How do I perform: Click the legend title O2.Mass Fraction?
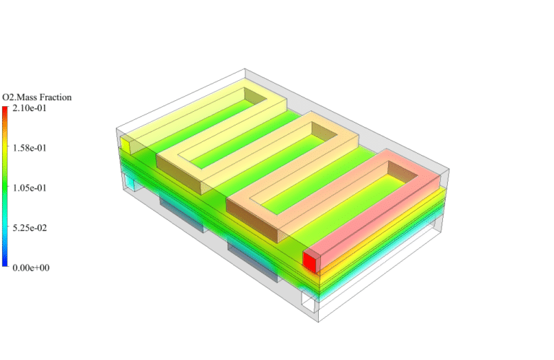pos(37,97)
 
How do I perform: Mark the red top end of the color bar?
pos(5,110)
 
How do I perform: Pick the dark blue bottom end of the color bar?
pos(5,264)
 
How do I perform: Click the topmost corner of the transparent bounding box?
pos(246,69)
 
